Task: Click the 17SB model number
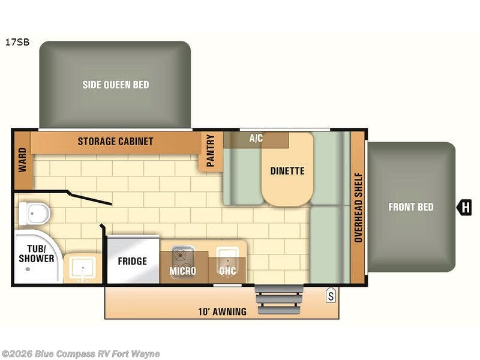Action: coord(17,42)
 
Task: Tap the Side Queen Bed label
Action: coord(116,85)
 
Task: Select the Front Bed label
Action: coord(411,207)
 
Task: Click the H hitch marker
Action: coord(464,207)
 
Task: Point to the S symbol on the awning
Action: coord(331,295)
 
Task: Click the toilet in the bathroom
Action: coord(34,213)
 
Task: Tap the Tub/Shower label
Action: coord(36,253)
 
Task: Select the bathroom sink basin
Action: coord(82,268)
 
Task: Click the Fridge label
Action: coord(132,261)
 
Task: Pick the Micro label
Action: coord(183,271)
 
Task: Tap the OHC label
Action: coord(227,271)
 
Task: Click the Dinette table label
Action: coord(287,171)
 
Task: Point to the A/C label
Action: coord(256,138)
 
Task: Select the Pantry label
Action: coord(211,151)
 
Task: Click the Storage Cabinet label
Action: coord(115,141)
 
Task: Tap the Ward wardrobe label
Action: coord(22,160)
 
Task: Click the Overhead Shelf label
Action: coord(358,208)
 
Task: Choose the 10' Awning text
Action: coord(222,311)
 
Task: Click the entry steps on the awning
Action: coord(279,299)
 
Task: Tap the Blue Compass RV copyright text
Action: coord(80,354)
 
